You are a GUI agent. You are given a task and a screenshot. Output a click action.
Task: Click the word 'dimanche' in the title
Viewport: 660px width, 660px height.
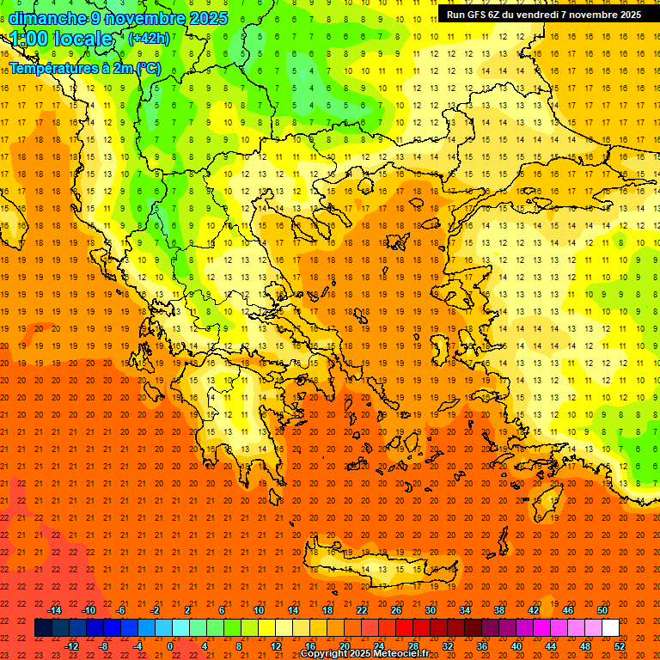(47, 18)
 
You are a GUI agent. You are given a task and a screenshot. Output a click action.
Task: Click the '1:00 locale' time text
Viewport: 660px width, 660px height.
(61, 39)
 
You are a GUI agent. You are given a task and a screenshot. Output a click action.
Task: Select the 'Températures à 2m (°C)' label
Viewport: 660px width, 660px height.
(84, 68)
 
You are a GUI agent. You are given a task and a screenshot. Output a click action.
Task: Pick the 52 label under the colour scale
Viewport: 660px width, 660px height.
(620, 646)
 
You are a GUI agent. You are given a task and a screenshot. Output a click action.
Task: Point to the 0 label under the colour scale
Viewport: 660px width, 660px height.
(170, 646)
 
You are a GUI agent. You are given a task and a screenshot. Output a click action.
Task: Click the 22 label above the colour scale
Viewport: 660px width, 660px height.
(362, 610)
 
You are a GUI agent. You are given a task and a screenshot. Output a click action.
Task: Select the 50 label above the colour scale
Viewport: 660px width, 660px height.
(602, 610)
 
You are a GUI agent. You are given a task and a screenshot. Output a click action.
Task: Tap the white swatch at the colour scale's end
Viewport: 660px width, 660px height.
(610, 628)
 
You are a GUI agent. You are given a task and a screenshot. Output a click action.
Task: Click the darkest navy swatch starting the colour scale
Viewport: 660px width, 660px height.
(43, 628)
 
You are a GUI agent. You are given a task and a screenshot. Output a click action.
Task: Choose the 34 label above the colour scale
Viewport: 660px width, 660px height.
(464, 610)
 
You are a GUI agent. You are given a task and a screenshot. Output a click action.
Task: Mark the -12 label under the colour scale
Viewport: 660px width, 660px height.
(71, 646)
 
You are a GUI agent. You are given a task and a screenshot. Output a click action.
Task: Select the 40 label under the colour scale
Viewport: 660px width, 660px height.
(516, 646)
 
